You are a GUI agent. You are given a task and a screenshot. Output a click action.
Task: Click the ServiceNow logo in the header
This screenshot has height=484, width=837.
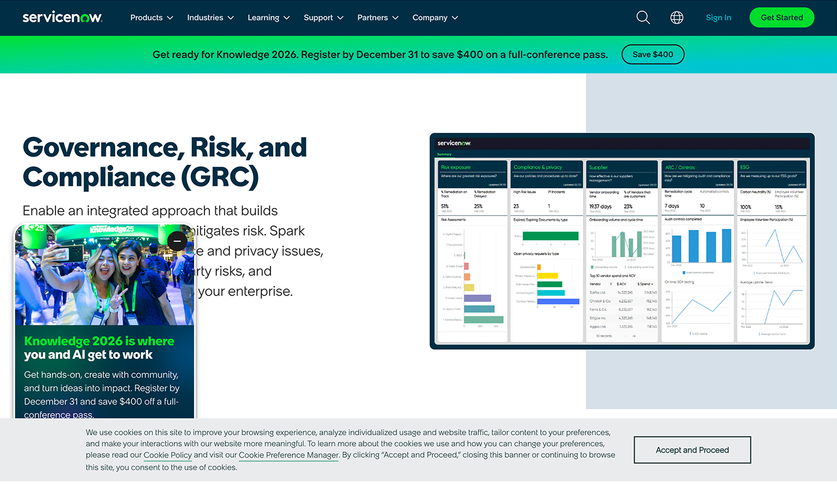point(62,17)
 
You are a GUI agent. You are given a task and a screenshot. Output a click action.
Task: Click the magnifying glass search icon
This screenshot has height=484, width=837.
point(643,18)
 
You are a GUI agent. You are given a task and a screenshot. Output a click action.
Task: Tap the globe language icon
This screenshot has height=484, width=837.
point(677,18)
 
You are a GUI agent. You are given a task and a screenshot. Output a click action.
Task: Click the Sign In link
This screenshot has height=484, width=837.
point(718,18)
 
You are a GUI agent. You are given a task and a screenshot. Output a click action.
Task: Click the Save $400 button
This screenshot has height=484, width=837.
point(652,54)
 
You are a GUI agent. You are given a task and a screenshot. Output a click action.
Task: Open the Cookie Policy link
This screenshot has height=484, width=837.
point(168,455)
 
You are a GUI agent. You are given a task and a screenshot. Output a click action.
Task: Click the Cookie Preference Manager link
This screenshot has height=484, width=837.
point(289,455)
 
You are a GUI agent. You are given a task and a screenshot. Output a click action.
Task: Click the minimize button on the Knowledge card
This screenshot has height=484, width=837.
point(177,241)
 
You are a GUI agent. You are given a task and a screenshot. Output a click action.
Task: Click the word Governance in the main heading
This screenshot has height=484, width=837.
point(103,148)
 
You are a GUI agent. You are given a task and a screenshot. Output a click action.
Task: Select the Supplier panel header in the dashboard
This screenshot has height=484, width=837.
point(598,167)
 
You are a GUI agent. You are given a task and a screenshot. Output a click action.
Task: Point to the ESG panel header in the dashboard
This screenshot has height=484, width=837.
point(745,167)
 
